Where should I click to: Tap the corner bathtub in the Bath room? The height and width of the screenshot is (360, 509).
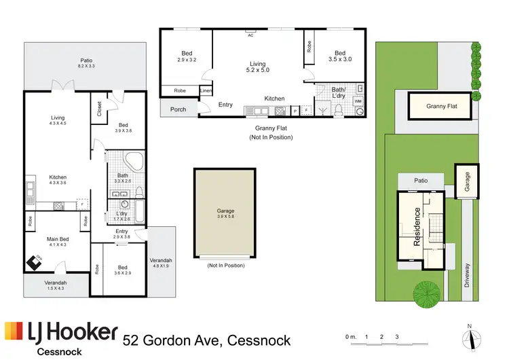click(x=134, y=162)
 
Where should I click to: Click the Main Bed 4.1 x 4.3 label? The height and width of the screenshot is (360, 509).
click(x=58, y=241)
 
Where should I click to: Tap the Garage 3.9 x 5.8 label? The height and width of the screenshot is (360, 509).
click(x=225, y=213)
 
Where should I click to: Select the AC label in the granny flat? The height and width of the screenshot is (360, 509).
click(x=250, y=35)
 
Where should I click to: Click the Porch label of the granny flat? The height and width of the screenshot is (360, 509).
click(x=178, y=109)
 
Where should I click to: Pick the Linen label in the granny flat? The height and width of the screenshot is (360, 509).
click(x=205, y=90)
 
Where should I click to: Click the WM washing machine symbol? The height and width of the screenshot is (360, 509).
click(x=358, y=101)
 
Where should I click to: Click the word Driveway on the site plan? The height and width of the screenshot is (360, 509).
click(x=468, y=274)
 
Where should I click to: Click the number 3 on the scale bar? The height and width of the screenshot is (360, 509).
click(x=397, y=337)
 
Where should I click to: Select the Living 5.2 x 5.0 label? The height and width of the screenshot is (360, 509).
click(x=258, y=66)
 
